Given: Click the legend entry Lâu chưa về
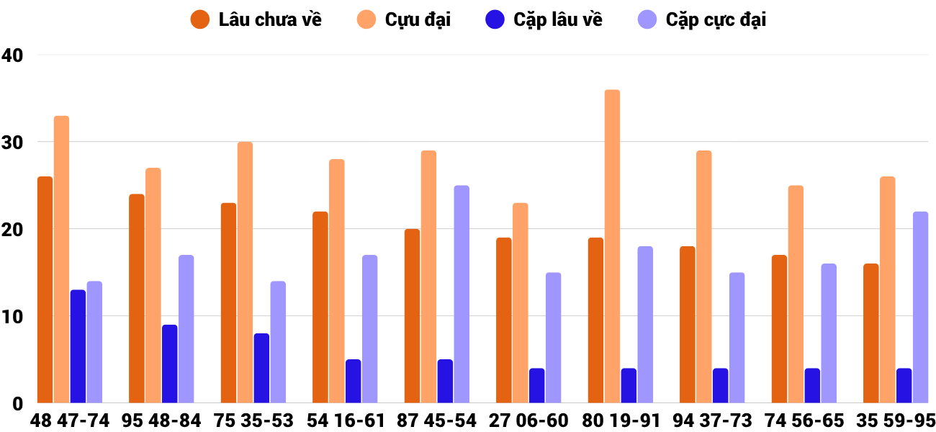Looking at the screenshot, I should click(x=256, y=20).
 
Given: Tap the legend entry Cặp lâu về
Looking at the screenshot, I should click(x=544, y=20).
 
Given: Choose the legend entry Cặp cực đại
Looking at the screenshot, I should click(x=702, y=20).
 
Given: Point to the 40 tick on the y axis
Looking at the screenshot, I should click(x=12, y=55).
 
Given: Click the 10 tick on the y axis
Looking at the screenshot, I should click(x=12, y=316).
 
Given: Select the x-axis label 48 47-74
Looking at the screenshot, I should click(x=70, y=420).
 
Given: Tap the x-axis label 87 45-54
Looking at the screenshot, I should click(x=437, y=420).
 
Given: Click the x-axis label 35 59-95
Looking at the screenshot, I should click(x=896, y=420).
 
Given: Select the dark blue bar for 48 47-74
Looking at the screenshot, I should click(x=78, y=346).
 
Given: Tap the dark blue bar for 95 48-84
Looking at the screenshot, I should click(x=170, y=364).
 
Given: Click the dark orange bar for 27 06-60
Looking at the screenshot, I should click(x=504, y=320).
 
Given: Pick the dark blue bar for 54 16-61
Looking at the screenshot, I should click(x=354, y=381).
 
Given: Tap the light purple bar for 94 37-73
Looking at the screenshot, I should click(x=737, y=338).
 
